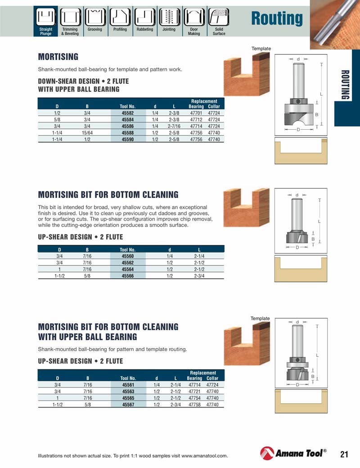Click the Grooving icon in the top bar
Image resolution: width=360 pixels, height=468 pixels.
[94, 18]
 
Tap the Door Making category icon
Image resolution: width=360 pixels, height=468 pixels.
[194, 18]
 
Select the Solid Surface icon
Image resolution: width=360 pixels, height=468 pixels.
[219, 18]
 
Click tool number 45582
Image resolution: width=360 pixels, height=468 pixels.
[128, 114]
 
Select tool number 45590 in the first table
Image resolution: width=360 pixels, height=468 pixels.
[128, 140]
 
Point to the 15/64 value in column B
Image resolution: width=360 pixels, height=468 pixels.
[87, 133]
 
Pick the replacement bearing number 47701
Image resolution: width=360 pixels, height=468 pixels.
[196, 114]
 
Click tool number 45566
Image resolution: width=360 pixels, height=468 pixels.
[128, 276]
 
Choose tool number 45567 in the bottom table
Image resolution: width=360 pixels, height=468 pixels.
[128, 405]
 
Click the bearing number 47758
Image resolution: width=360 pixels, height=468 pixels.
[194, 405]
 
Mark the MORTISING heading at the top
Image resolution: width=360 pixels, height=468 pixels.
[58, 57]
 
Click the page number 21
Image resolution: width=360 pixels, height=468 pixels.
[344, 454]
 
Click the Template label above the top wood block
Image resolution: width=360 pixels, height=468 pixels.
[261, 49]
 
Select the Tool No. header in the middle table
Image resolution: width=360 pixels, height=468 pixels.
[128, 250]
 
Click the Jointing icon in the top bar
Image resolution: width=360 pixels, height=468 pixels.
[169, 18]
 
